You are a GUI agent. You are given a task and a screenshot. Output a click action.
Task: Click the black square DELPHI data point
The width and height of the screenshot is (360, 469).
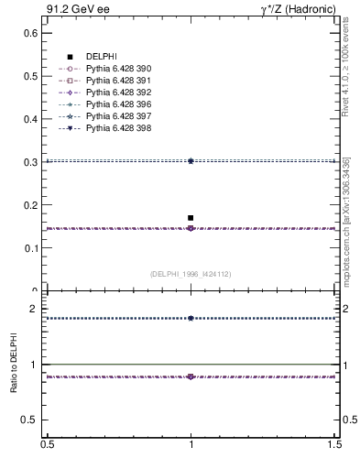pos(191,218)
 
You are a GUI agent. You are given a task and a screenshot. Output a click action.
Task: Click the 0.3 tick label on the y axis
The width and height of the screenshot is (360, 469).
pos(29,162)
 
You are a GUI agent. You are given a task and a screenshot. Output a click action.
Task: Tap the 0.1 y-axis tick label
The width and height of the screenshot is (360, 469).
pos(29,248)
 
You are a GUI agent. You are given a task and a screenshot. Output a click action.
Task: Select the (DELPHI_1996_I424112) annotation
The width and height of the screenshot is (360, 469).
pos(191,273)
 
